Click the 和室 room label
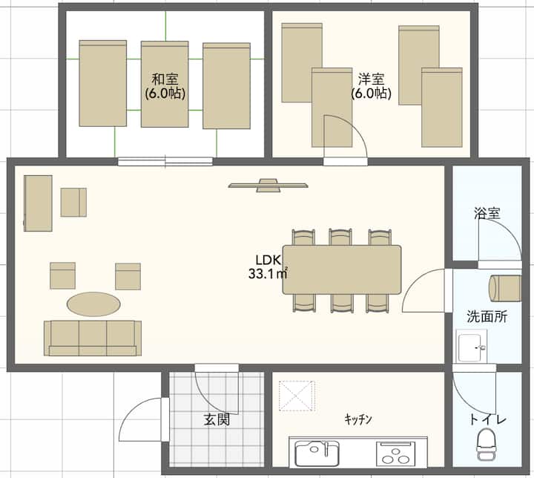(165, 79)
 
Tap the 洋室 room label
(372, 79)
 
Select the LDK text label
(268, 261)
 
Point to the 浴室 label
(487, 213)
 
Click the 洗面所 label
(487, 316)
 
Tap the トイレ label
(488, 419)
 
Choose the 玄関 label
(217, 419)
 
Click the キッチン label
(358, 419)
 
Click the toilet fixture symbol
(486, 445)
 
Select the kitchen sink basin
(317, 453)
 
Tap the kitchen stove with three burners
(396, 454)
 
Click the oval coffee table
(93, 304)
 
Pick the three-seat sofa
(93, 338)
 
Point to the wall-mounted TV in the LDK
(268, 185)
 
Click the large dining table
(342, 269)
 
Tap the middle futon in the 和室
(165, 84)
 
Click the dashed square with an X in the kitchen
(297, 396)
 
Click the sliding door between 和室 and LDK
(165, 161)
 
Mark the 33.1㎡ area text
(268, 273)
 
